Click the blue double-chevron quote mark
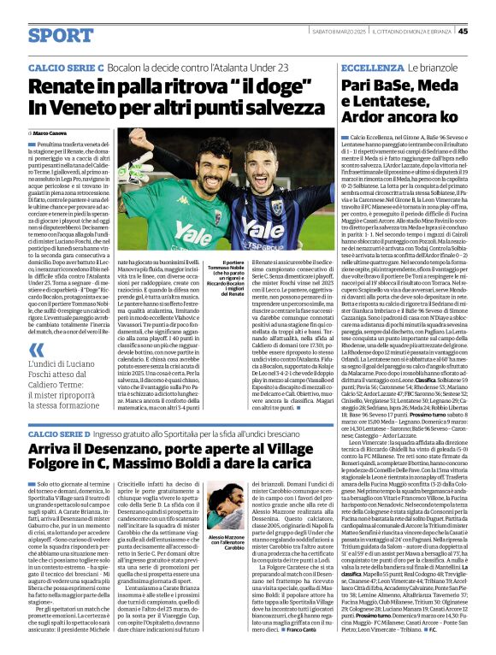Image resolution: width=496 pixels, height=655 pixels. click(37, 350)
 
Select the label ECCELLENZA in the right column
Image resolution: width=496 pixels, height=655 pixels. click(372, 66)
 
